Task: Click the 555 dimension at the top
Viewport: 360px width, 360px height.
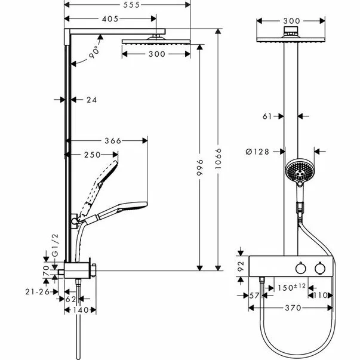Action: click(127, 5)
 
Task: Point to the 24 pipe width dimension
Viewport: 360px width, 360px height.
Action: click(91, 100)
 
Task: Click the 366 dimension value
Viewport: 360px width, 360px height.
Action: click(112, 141)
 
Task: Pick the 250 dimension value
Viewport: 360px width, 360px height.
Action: click(91, 155)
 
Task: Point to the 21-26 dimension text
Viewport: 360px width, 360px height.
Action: click(36, 291)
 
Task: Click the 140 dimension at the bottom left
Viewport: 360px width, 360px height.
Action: click(81, 309)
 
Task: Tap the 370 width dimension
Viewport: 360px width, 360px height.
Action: click(291, 308)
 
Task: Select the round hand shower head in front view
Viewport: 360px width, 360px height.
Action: click(297, 173)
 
